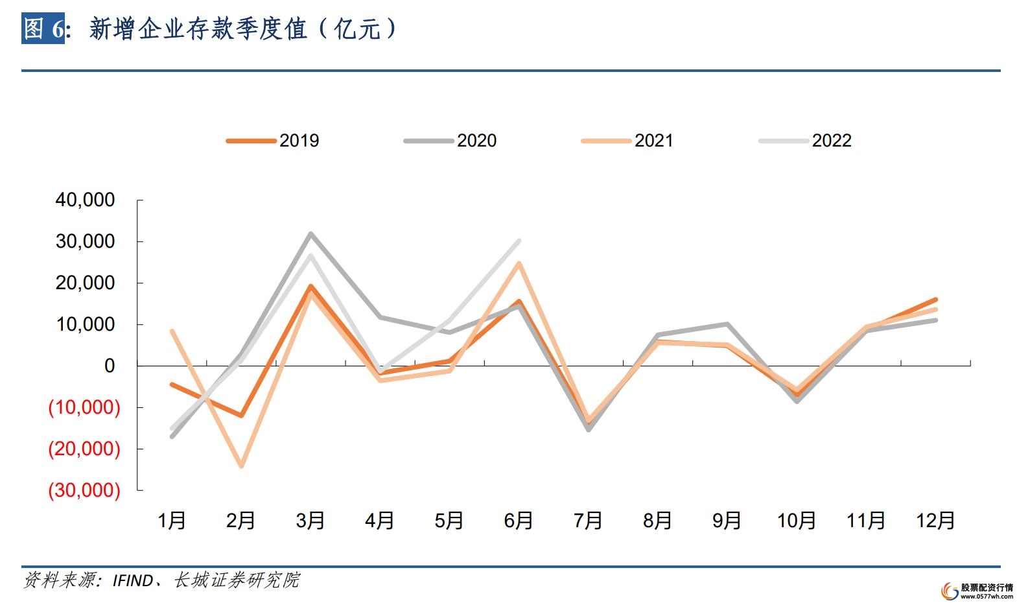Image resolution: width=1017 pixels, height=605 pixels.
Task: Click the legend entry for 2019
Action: pos(273,141)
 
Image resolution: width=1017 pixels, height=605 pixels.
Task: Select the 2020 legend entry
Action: pos(450,141)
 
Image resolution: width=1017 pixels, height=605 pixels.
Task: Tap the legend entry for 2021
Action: pos(628,141)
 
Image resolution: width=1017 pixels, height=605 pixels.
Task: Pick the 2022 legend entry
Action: pos(806,141)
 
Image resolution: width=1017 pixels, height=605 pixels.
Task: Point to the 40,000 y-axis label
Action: pos(85,200)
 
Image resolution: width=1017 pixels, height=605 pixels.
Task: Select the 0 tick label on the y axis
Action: pos(109,366)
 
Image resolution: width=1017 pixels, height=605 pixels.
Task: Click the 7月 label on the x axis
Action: pos(588,520)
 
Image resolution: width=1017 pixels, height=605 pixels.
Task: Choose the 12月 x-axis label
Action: pos(935,520)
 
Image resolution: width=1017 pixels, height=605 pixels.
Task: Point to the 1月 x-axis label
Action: pos(172,520)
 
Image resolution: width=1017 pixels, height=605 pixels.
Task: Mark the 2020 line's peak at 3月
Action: pos(311,233)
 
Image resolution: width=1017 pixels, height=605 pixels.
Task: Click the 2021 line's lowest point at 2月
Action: pos(242,466)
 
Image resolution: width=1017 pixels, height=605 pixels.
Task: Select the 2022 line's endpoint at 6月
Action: pos(519,241)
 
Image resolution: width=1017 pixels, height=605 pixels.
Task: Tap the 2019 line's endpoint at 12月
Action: pos(935,300)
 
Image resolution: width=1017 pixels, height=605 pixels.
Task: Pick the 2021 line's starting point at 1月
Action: pos(172,331)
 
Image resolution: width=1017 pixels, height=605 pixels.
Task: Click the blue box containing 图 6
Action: pos(43,29)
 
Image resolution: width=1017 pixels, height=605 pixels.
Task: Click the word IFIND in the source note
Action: pos(133,580)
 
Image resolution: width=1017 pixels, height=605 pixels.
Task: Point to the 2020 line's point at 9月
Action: pos(727,324)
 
